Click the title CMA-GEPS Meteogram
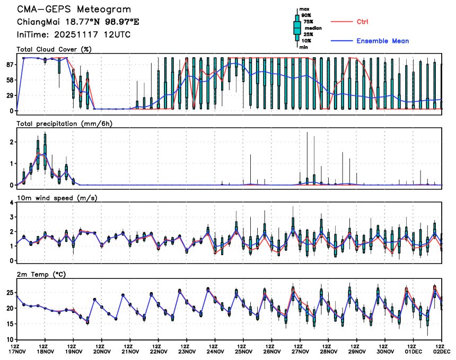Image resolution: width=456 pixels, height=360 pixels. (74, 10)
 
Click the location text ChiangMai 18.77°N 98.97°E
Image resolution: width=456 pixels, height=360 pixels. (77, 22)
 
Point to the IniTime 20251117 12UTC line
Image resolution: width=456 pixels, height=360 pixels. (74, 34)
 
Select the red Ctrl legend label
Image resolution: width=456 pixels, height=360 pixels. (362, 22)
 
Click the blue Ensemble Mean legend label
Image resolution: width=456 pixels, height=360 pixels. (382, 41)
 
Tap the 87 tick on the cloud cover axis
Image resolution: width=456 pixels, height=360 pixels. (9, 64)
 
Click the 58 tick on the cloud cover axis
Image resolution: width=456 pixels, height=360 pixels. (9, 80)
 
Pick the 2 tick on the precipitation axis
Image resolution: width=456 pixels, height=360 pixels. (12, 142)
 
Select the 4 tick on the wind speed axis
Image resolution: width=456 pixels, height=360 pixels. (12, 203)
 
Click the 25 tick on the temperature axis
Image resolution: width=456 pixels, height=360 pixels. (9, 293)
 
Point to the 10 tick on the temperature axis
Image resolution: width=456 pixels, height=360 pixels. (9, 339)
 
